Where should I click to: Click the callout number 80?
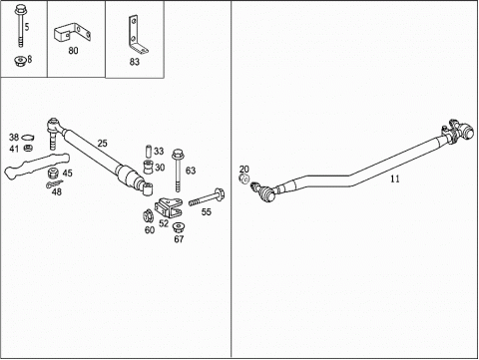73,51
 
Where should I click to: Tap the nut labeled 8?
21,61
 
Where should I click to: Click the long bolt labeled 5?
20,26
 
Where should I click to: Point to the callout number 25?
103,144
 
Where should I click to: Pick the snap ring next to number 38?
28,138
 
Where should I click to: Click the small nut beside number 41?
28,148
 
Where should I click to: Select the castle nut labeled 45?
53,173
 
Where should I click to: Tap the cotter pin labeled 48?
54,183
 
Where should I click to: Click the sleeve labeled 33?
149,151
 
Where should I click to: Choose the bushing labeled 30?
149,167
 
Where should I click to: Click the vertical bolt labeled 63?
178,171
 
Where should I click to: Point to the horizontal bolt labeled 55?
207,197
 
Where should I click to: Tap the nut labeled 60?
148,216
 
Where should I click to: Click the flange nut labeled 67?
179,228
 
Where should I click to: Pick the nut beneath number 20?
243,179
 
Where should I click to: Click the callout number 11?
395,179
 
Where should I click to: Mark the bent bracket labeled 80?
73,32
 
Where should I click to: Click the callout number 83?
135,62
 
